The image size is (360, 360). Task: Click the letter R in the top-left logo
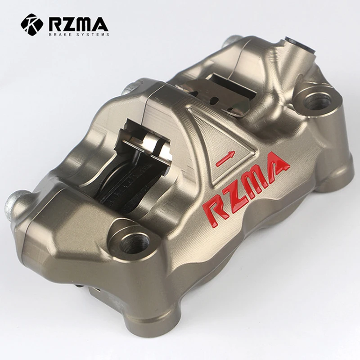[55, 23]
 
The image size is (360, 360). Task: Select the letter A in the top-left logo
[100, 23]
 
